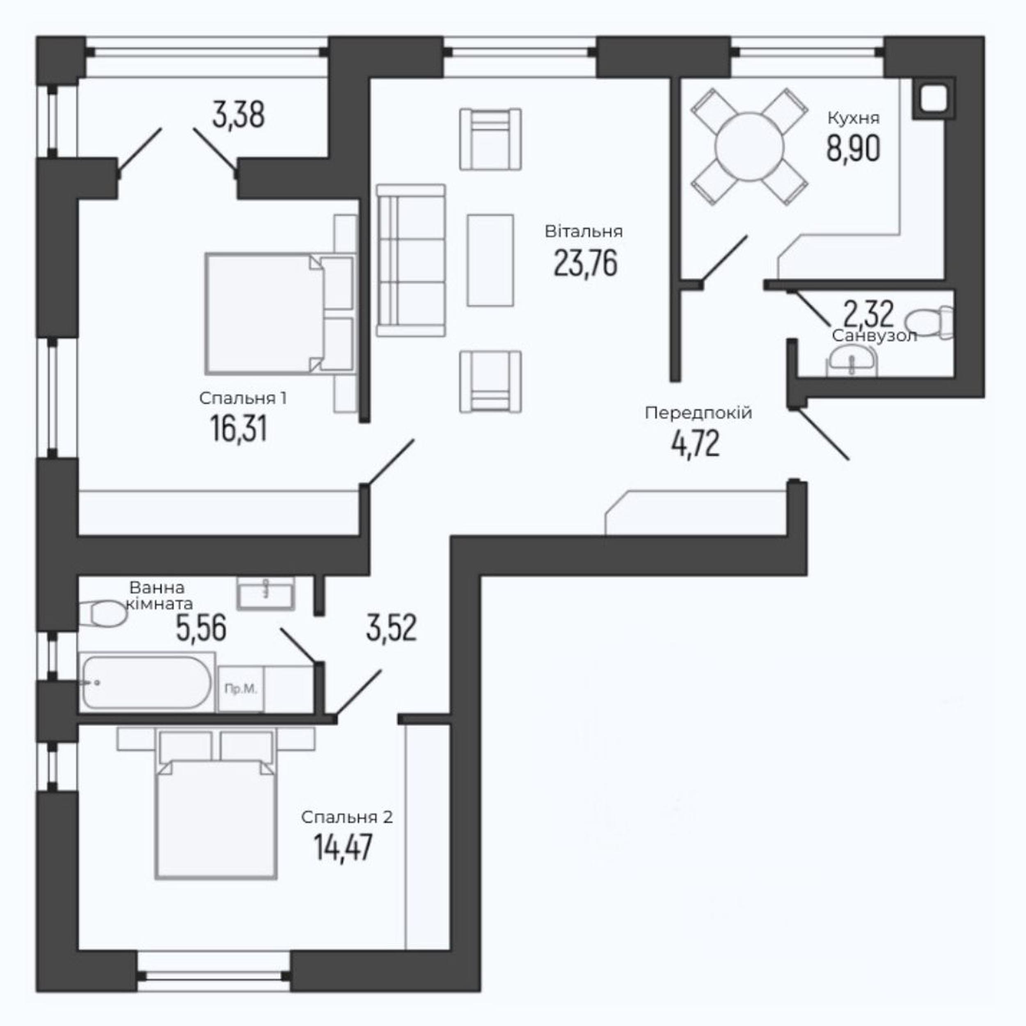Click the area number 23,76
coord(585,263)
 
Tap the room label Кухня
coord(853,118)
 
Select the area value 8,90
coord(853,148)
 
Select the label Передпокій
coord(699,412)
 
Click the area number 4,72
coord(695,444)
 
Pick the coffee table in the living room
coord(490,260)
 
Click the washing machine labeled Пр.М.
coord(240,689)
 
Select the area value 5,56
coord(201,628)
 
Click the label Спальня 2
coord(347,817)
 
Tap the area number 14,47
coord(343,847)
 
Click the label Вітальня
coord(584,231)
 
